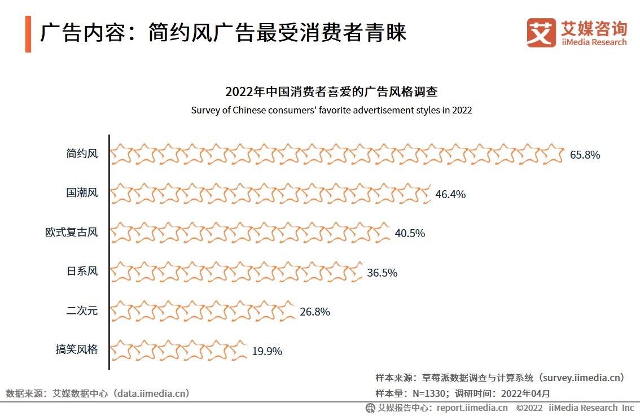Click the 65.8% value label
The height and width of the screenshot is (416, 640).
point(585,155)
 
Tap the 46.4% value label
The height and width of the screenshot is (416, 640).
point(450,194)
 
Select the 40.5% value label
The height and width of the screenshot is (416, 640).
point(410,233)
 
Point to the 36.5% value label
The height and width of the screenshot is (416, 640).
point(382,273)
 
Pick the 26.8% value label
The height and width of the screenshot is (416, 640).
point(315,312)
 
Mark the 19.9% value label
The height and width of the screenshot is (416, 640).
point(267,351)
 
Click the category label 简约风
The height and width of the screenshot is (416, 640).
point(82,154)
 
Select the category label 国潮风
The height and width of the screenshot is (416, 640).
point(82,193)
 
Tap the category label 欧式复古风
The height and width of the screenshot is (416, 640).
point(71,233)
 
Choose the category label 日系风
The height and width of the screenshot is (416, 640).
point(82,272)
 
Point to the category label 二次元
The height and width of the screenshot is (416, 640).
point(82,310)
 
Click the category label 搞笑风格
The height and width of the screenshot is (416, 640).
point(76,350)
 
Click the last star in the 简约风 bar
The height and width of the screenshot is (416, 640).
point(553,154)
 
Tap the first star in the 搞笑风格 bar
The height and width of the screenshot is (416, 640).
point(121,350)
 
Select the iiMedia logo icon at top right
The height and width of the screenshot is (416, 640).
point(541,33)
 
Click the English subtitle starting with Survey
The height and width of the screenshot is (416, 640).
point(331,110)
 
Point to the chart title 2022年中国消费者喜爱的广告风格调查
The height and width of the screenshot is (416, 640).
point(331,92)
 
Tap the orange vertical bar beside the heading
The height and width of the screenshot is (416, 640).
point(28,34)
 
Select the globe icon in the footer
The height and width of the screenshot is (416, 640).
point(370,408)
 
